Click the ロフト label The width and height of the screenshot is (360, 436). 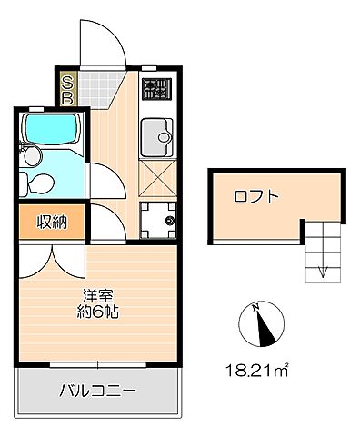255,196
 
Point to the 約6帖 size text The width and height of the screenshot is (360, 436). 98,312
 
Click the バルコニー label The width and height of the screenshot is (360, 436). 98,391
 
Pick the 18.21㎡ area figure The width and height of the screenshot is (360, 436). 260,369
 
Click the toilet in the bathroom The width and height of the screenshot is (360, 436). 39,184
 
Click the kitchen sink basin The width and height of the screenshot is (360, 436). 160,138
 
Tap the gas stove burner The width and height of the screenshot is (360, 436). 157,90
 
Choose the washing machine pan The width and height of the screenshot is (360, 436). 159,219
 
